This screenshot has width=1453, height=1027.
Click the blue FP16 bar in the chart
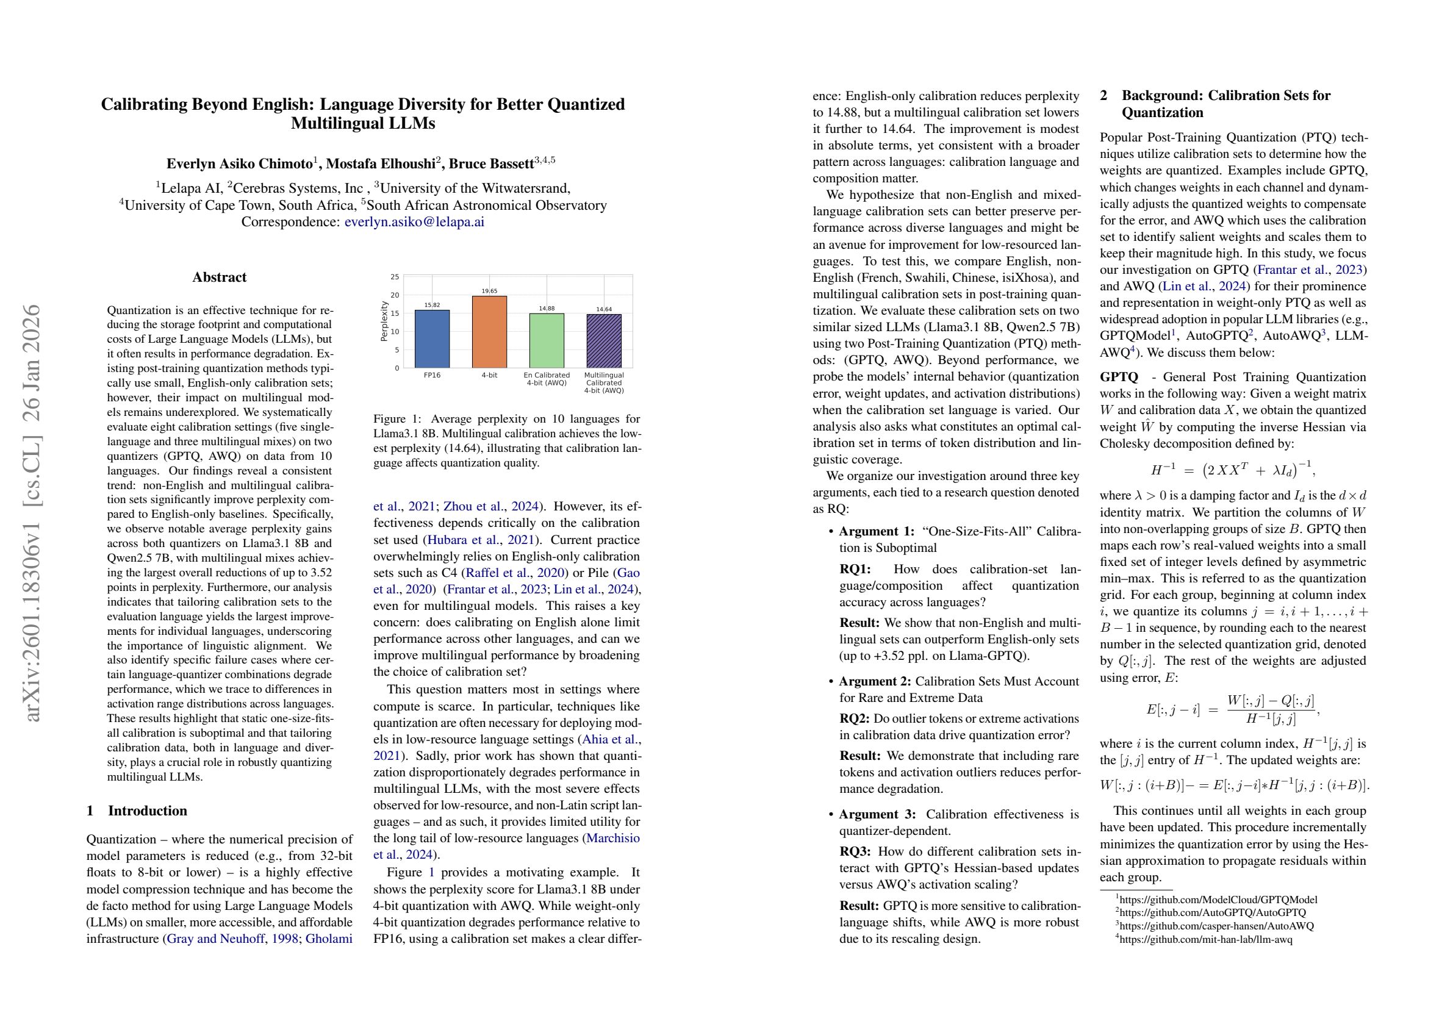[x=432, y=338]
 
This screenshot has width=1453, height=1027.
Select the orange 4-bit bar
[x=489, y=332]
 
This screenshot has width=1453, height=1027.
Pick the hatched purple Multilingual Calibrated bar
[x=604, y=340]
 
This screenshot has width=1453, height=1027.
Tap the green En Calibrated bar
[x=547, y=340]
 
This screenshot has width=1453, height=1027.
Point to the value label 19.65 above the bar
[x=489, y=291]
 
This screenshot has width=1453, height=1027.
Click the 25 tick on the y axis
[x=395, y=277]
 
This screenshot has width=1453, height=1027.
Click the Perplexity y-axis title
[x=384, y=321]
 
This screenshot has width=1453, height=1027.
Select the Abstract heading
[x=220, y=277]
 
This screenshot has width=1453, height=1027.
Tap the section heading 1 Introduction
[x=137, y=811]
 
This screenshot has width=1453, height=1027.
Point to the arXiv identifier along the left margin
[x=32, y=512]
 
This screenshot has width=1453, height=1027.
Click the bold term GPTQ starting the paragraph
[x=1118, y=377]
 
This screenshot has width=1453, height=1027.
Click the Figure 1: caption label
[x=398, y=419]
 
